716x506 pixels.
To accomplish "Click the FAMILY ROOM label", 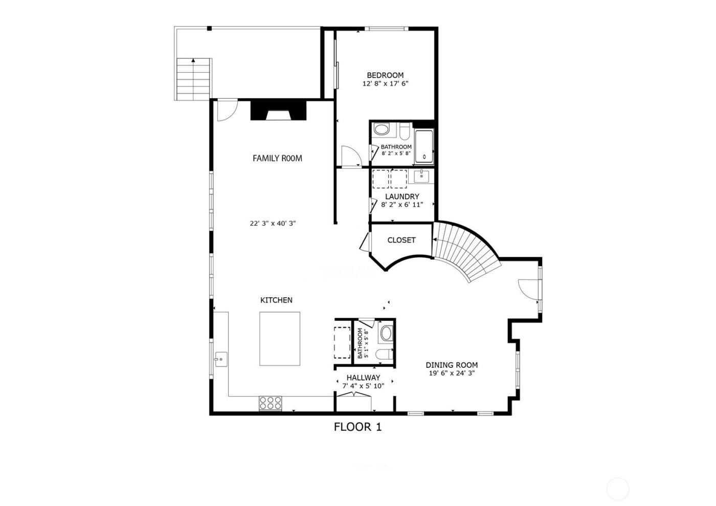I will pos(277,159).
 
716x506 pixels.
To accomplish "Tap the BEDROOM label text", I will pos(385,75).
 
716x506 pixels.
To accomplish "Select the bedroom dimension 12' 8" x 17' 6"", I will pos(385,83).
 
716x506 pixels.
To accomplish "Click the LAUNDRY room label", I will pos(402,196).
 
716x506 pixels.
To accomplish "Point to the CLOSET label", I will pos(401,240).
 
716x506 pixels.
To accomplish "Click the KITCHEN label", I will pos(276,300).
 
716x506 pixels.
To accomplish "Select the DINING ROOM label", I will pos(452,365).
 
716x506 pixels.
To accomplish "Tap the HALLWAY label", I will pos(363,378).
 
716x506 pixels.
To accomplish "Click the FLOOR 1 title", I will pos(357,426).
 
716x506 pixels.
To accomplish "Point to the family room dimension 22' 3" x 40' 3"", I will pos(273,224).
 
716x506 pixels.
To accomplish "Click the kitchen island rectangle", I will pos(280,339).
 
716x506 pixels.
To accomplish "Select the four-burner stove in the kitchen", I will pos(270,403).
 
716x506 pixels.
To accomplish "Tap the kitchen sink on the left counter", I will pos(221,359).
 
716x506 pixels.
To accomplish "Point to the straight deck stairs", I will pos(193,79).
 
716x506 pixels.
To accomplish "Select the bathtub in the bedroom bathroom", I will pos(423,147).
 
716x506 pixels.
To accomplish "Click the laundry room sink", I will pos(420,177).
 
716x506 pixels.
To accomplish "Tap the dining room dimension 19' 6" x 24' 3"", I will pos(452,373).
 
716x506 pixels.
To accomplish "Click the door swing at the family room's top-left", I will pos(226,111).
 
